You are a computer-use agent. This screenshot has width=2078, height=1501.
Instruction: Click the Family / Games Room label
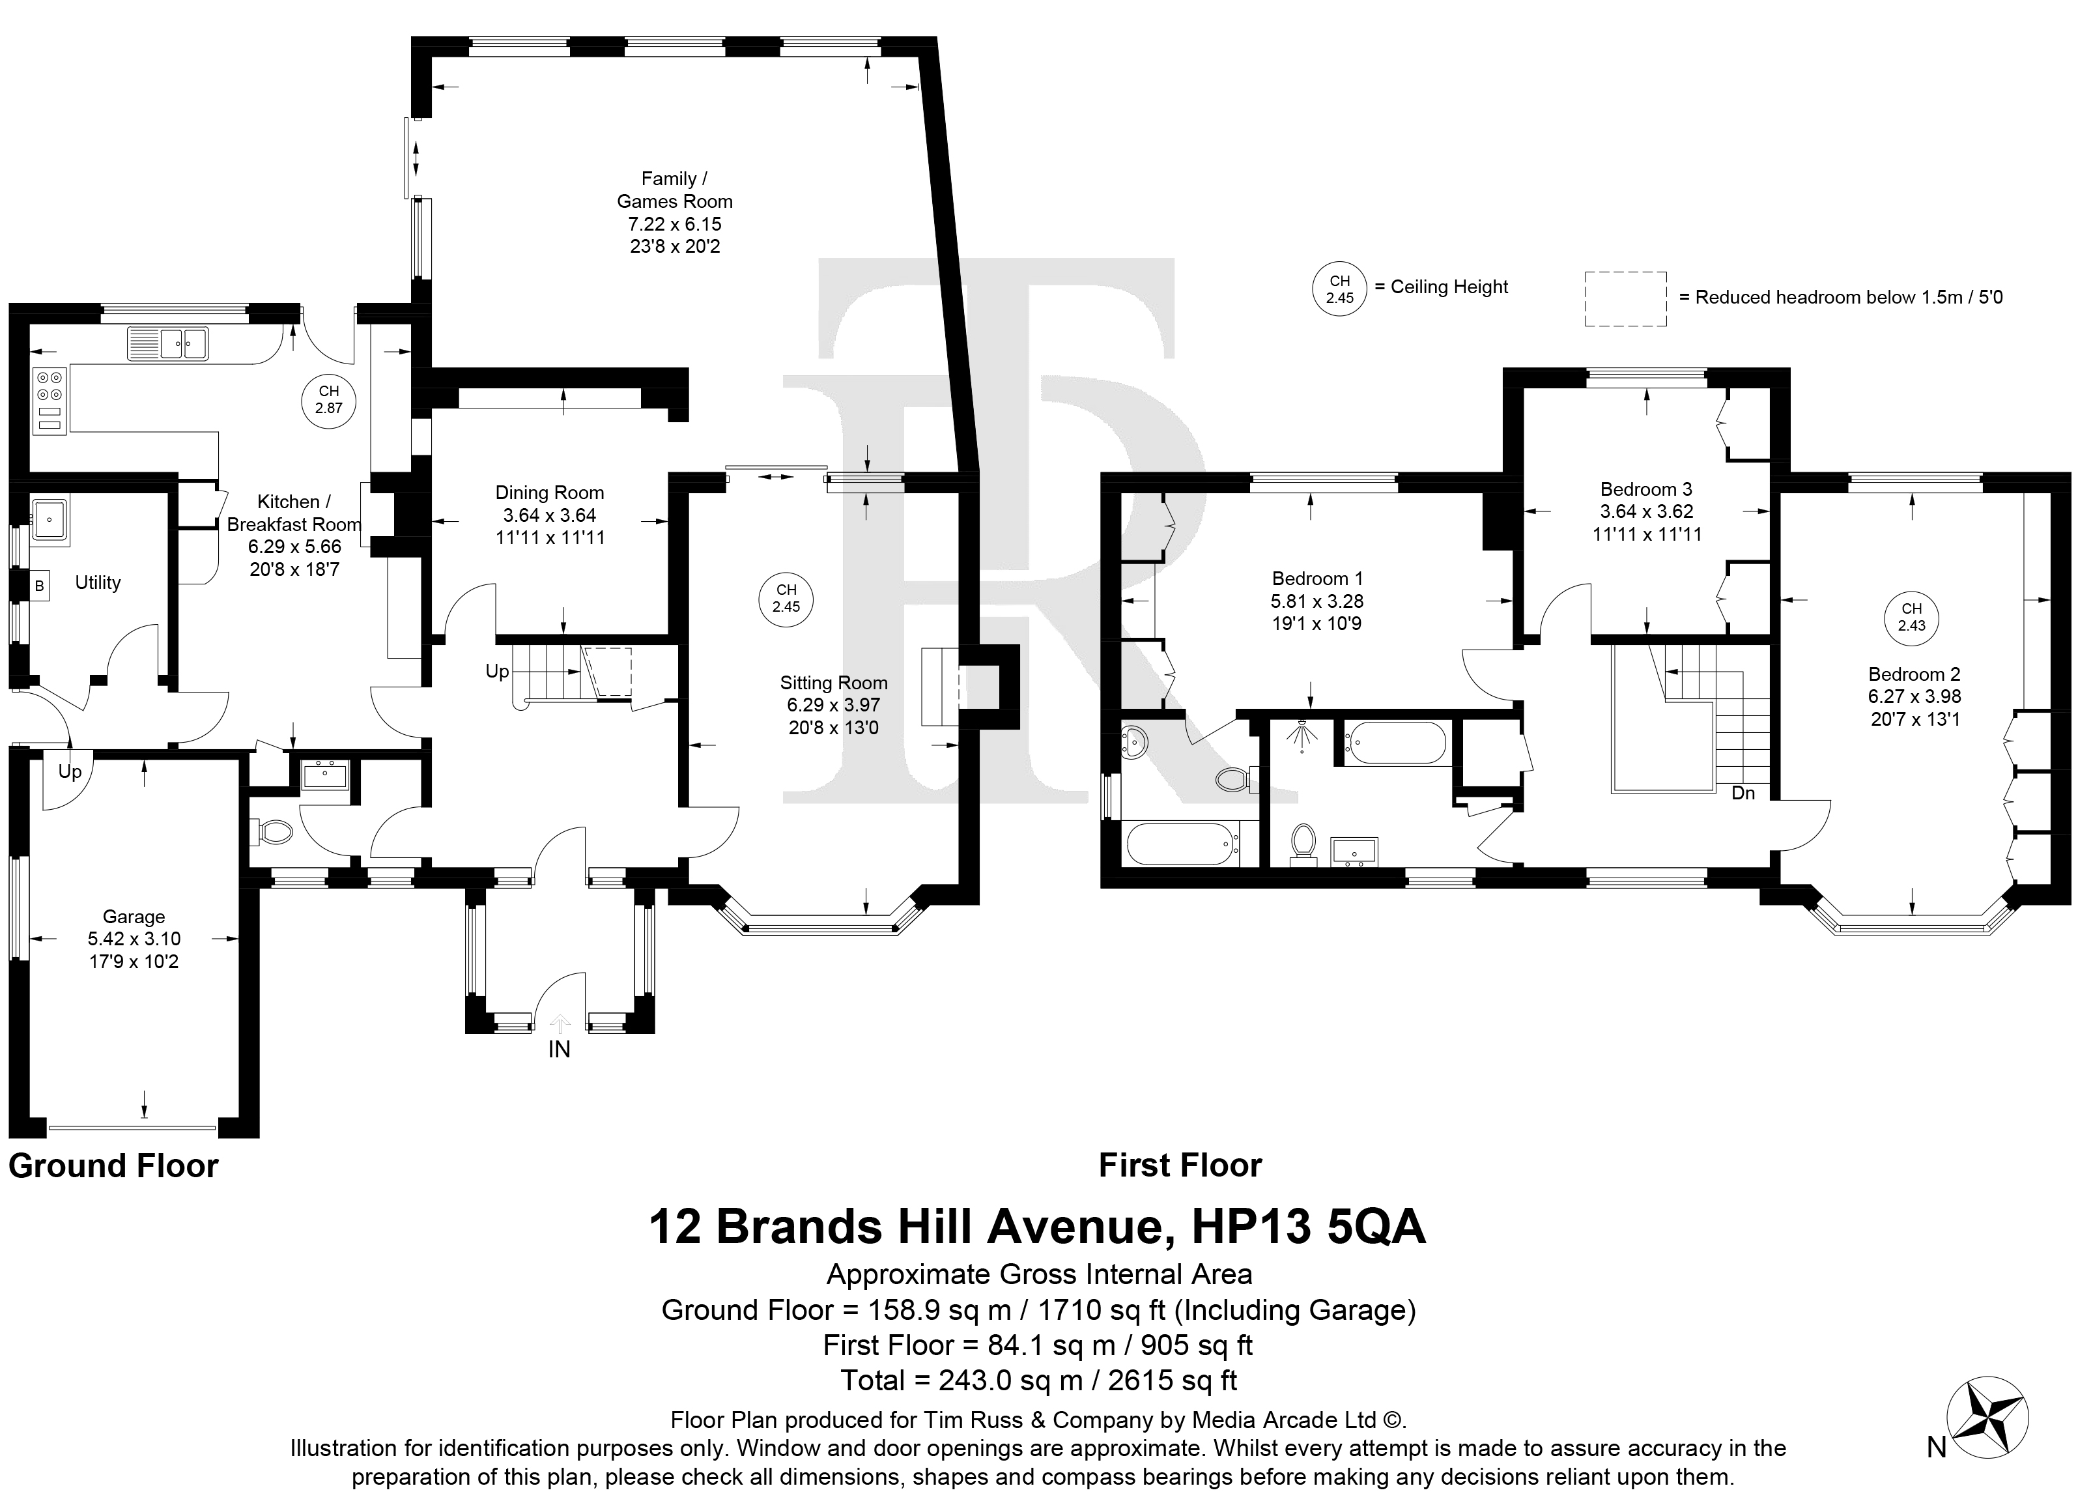pos(674,190)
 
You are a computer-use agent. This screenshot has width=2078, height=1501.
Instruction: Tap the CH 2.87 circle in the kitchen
pos(328,399)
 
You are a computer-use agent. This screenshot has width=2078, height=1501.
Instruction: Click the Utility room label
pos(98,583)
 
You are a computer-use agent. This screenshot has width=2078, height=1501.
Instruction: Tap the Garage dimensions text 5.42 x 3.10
pos(134,938)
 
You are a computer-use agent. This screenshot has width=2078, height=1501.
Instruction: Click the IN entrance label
pos(559,1050)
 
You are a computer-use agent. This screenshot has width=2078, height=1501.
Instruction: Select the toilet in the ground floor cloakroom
pos(271,831)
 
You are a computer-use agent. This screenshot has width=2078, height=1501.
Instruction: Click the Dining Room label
pos(550,492)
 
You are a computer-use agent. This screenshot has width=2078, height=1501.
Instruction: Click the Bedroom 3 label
pos(1647,489)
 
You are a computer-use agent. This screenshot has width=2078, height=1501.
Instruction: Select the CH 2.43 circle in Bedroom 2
pos(1911,617)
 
